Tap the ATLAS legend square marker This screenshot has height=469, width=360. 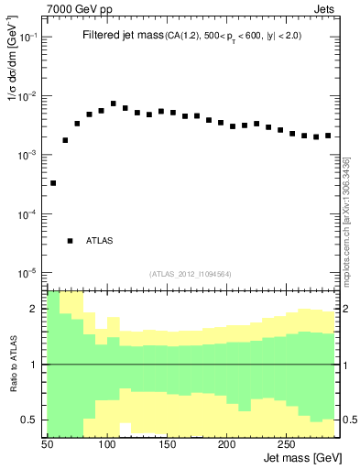pos(70,241)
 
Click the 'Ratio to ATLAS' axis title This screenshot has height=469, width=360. pos(14,364)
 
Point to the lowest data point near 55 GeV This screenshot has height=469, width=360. pos(53,183)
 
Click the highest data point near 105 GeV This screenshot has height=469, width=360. pos(114,104)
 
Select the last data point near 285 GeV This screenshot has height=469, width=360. pos(328,136)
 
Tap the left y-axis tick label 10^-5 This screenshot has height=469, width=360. pos(29,273)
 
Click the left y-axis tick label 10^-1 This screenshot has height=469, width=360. pos(29,38)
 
